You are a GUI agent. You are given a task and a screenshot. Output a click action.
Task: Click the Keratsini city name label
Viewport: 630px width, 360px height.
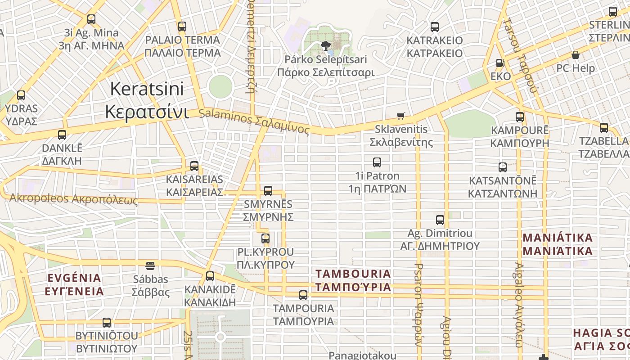point(146,100)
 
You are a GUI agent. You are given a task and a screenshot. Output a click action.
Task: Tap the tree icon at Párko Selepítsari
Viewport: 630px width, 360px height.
point(326,45)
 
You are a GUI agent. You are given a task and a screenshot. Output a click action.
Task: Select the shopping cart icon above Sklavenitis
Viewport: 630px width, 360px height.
point(401,116)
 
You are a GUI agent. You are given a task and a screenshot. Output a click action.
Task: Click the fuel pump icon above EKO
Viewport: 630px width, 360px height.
point(500,63)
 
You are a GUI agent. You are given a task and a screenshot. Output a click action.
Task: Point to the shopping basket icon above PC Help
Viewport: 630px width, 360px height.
point(575,55)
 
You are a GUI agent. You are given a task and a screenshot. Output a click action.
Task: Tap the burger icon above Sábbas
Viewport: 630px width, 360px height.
point(150,266)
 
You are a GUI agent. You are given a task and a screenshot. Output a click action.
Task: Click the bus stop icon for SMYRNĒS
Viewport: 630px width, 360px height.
point(268,191)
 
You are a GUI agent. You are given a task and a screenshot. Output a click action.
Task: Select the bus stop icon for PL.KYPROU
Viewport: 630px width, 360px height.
point(265,238)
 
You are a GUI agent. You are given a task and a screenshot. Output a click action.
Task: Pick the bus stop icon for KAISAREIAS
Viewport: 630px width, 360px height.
point(194,166)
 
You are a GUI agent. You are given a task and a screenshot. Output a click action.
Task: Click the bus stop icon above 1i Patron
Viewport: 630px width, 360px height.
point(377,162)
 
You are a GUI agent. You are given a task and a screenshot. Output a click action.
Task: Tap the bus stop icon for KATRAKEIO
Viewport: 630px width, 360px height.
point(435,27)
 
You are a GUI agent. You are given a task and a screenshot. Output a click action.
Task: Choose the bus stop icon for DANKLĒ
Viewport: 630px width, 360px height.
point(62,135)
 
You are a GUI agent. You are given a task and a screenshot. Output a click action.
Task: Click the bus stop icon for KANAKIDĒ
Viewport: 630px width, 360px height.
point(210,276)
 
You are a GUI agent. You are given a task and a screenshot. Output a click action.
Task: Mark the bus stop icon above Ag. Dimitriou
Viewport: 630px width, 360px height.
point(440,220)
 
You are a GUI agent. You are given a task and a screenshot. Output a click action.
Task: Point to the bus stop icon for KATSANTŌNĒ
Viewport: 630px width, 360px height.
point(503,167)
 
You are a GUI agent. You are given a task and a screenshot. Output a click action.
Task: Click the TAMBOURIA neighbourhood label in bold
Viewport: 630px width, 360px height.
point(353,280)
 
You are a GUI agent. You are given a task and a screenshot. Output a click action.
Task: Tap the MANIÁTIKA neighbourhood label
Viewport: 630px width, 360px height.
point(558,244)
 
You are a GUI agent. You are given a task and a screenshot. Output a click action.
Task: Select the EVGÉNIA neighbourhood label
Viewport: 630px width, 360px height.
point(74,284)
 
